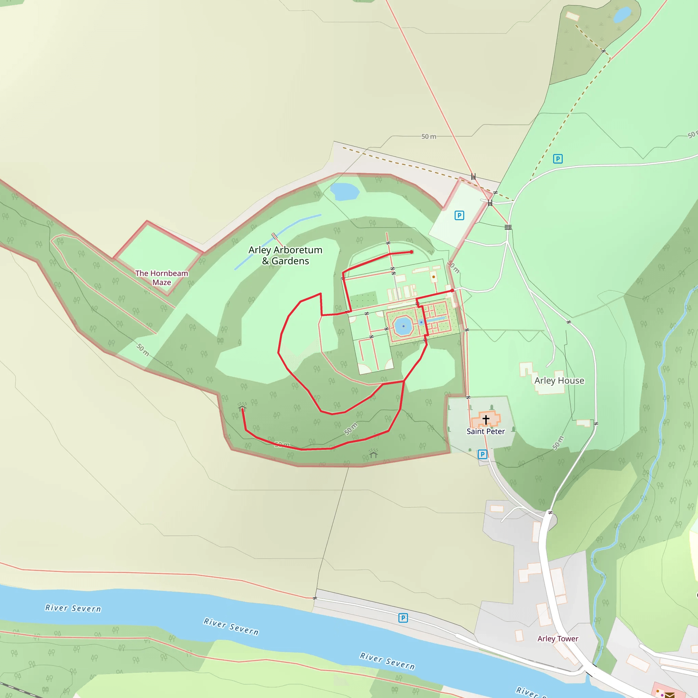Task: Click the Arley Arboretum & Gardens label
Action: [285, 255]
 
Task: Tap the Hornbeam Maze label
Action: [162, 278]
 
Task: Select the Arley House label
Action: [559, 380]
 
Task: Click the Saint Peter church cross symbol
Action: [486, 420]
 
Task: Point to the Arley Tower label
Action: [558, 639]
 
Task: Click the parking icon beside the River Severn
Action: [403, 618]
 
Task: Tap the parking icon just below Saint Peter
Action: [482, 454]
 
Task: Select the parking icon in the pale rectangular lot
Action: [459, 216]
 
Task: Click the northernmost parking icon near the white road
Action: [558, 158]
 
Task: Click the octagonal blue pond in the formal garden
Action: [403, 326]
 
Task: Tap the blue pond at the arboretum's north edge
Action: [344, 192]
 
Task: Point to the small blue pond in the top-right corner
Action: [622, 15]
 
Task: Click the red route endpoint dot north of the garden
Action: [411, 252]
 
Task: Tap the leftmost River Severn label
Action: [73, 608]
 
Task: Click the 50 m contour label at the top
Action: [428, 137]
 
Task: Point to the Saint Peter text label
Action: [486, 431]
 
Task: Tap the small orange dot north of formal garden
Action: [434, 277]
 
